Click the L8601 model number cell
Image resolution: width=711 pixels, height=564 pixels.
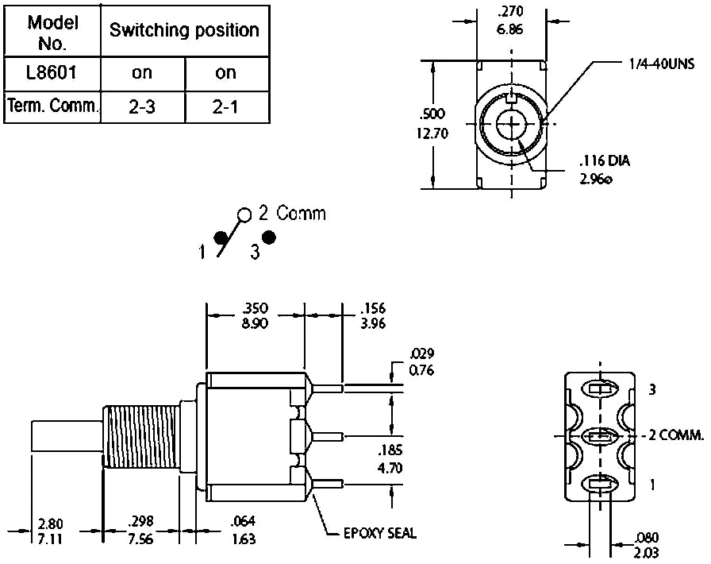pyautogui.click(x=52, y=73)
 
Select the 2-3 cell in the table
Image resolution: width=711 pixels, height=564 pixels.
pyautogui.click(x=142, y=106)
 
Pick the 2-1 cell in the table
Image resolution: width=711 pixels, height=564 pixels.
pyautogui.click(x=226, y=106)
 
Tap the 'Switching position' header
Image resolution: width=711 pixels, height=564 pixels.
pyautogui.click(x=184, y=31)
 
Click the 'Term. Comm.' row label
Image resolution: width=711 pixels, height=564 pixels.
pyautogui.click(x=52, y=106)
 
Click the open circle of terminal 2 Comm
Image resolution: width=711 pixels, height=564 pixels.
pyautogui.click(x=244, y=214)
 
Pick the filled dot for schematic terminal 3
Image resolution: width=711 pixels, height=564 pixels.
pyautogui.click(x=269, y=238)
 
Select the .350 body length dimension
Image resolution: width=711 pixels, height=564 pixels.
pyautogui.click(x=256, y=307)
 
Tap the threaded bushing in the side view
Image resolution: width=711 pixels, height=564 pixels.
pyautogui.click(x=141, y=438)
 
